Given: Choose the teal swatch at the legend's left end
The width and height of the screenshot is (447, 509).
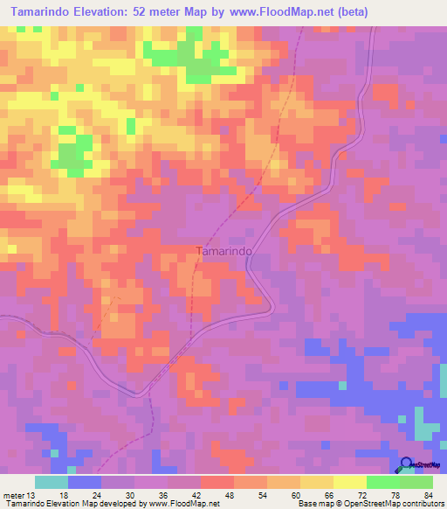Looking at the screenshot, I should click(52, 482).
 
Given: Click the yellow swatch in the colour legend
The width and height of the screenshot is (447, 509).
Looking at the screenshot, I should click(349, 482).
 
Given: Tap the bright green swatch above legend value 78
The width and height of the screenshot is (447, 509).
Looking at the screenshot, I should click(382, 482).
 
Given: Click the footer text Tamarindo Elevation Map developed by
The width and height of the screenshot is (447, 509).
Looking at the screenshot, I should click(73, 503).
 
